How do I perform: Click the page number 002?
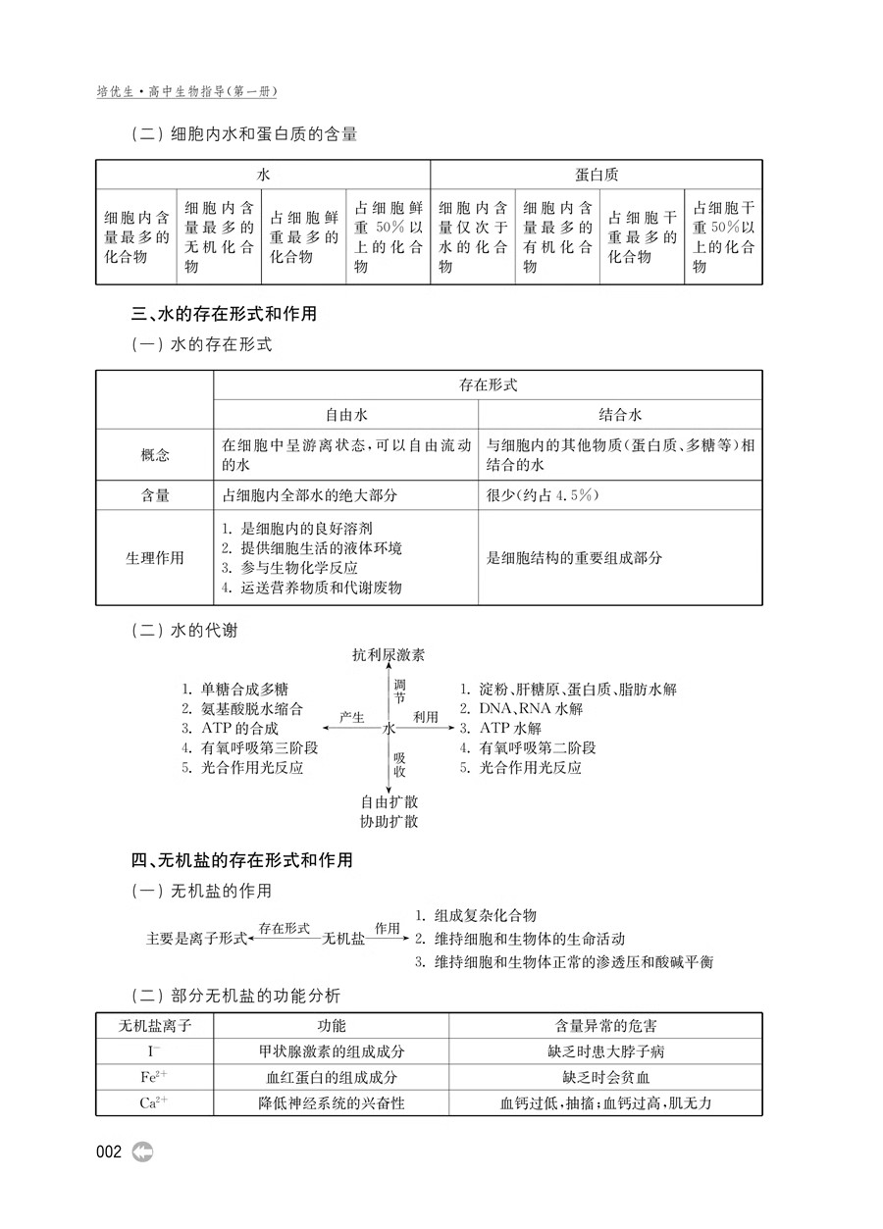coord(109,1152)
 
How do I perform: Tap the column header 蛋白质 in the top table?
coord(597,175)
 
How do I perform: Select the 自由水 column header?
coord(346,414)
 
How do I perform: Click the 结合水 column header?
coord(620,414)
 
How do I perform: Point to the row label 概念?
coord(155,454)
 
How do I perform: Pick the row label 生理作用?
coord(155,557)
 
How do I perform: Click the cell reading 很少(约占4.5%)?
coord(543,495)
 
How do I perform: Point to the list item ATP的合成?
coord(232,728)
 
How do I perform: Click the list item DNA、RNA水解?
coord(521,708)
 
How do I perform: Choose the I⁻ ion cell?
coord(154,1051)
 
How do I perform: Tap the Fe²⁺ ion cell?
coord(154,1077)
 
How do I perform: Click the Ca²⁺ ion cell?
coord(154,1102)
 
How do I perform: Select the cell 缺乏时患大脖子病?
coord(605,1051)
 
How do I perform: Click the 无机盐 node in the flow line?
coord(343,939)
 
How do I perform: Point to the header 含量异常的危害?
coord(605,1025)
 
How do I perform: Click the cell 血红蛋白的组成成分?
coord(331,1077)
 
